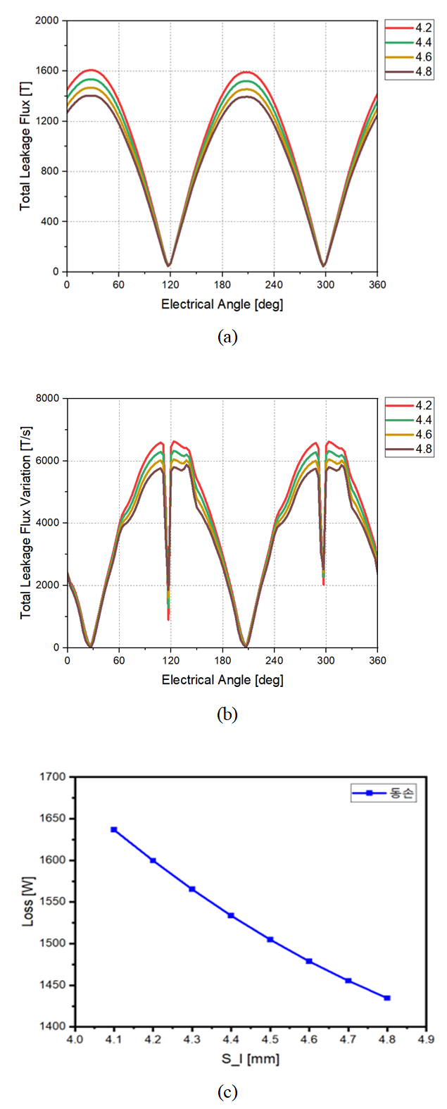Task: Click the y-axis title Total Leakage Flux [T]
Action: (x=26, y=146)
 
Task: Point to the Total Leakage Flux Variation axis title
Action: (x=26, y=522)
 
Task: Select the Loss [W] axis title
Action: (x=28, y=902)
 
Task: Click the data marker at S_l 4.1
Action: (x=114, y=830)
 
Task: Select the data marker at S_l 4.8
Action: (x=387, y=998)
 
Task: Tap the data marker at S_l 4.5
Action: (x=270, y=939)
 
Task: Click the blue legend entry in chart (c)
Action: (x=384, y=794)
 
